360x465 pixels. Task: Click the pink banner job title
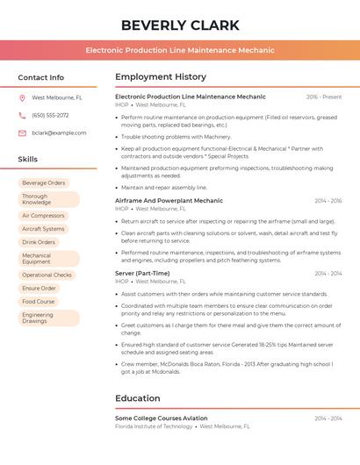[179, 51]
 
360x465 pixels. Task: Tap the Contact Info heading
[40, 77]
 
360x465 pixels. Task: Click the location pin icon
[22, 98]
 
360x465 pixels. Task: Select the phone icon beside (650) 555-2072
[22, 115]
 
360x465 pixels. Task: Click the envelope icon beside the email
[22, 132]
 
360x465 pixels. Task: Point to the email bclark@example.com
[59, 132]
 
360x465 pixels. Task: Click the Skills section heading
[28, 160]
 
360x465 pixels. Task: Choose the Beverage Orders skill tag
[44, 183]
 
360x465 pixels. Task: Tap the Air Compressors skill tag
[43, 215]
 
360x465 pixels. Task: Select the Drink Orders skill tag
[39, 242]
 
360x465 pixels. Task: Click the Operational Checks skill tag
[47, 275]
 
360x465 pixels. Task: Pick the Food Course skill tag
[38, 301]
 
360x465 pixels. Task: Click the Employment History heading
[160, 77]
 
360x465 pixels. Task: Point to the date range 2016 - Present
[324, 97]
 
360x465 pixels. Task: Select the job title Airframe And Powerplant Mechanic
[169, 201]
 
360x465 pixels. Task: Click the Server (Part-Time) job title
[142, 274]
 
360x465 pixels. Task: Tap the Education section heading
[137, 398]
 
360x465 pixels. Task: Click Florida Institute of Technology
[154, 426]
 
